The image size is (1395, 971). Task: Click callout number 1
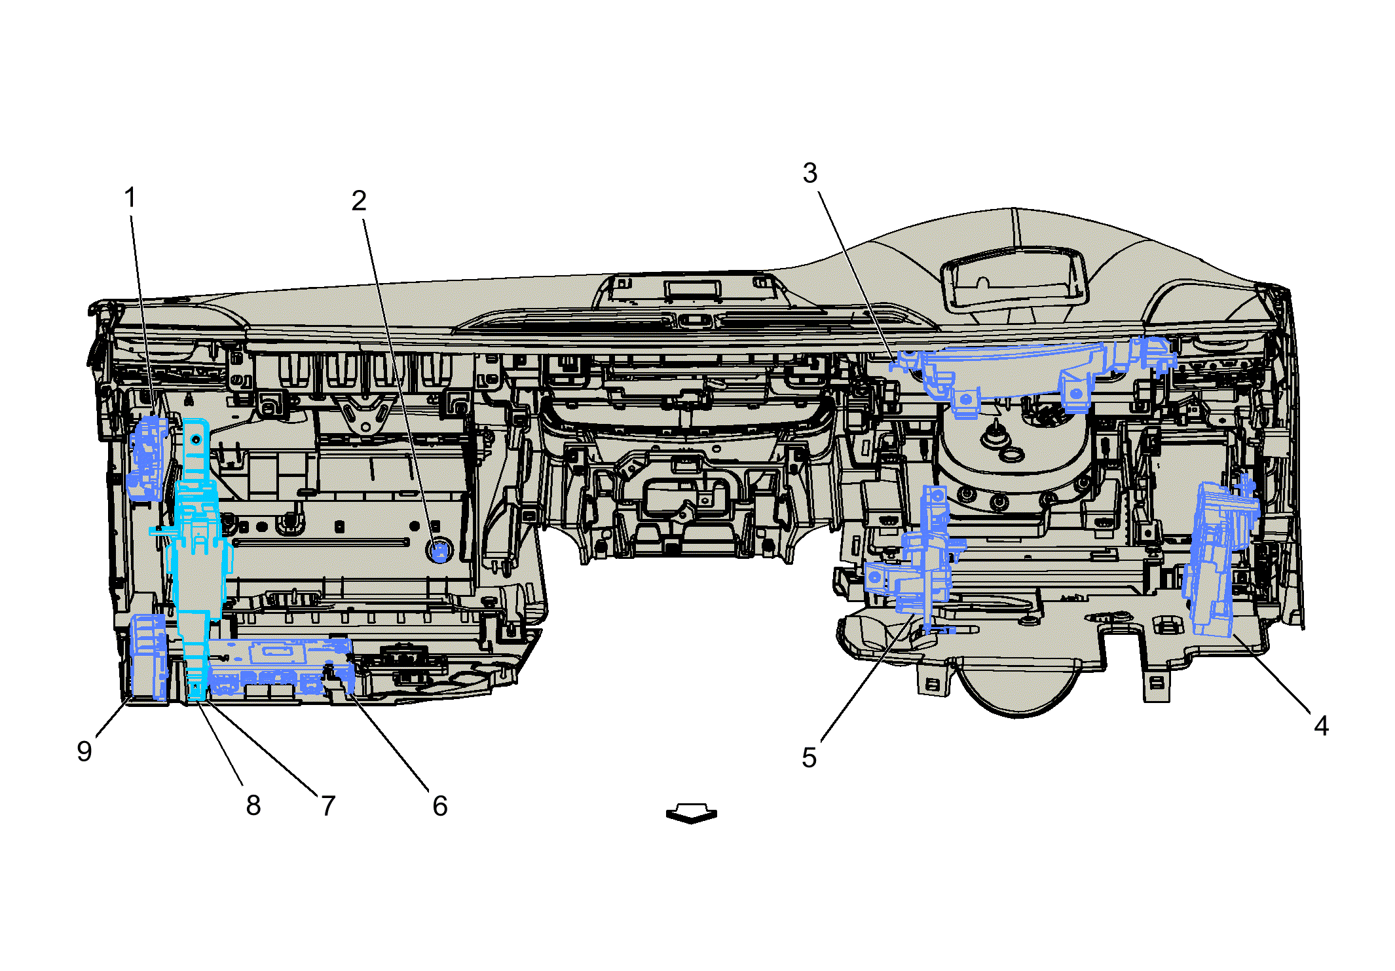pyautogui.click(x=130, y=197)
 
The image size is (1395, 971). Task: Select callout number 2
pyautogui.click(x=358, y=200)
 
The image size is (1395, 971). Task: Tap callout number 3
pyautogui.click(x=810, y=173)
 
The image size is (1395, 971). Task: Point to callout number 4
pyautogui.click(x=1321, y=725)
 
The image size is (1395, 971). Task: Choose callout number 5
pyautogui.click(x=809, y=757)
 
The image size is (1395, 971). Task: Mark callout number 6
pyautogui.click(x=440, y=805)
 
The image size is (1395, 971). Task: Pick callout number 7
pyautogui.click(x=328, y=805)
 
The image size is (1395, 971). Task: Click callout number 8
pyautogui.click(x=253, y=805)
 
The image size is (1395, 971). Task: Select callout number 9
pyautogui.click(x=84, y=751)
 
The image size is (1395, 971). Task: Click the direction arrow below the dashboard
pyautogui.click(x=692, y=814)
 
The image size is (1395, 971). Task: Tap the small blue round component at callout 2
pyautogui.click(x=439, y=551)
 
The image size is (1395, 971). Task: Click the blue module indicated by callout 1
pyautogui.click(x=149, y=459)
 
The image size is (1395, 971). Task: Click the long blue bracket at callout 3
pyautogui.click(x=1022, y=370)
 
